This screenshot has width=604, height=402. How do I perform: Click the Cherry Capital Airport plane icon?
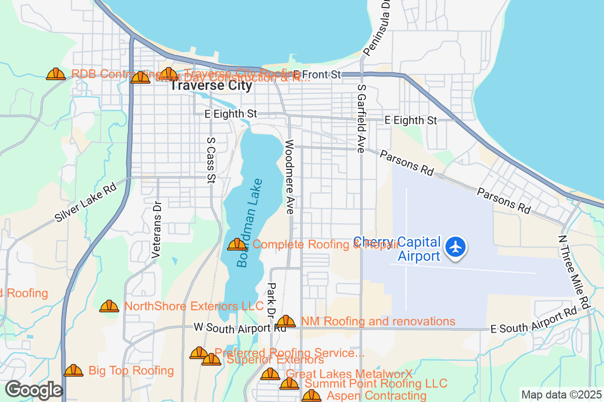[456, 247]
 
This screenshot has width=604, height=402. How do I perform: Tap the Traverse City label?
[210, 85]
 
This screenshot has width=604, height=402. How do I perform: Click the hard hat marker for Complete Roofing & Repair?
[237, 245]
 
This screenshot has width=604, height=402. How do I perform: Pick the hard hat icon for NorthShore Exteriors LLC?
[109, 306]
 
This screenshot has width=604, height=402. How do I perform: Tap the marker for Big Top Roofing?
[73, 371]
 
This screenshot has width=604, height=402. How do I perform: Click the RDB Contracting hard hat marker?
[56, 74]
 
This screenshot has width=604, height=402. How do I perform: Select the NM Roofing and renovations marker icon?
[286, 321]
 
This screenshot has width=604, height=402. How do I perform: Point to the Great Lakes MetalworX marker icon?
[270, 374]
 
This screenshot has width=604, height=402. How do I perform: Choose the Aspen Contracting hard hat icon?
[311, 396]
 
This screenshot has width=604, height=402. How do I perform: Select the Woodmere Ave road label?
[289, 177]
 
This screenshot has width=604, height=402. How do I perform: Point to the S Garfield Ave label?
[361, 119]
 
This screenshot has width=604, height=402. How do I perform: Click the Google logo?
[34, 390]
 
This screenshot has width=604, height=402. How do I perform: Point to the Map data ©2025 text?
[561, 394]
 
